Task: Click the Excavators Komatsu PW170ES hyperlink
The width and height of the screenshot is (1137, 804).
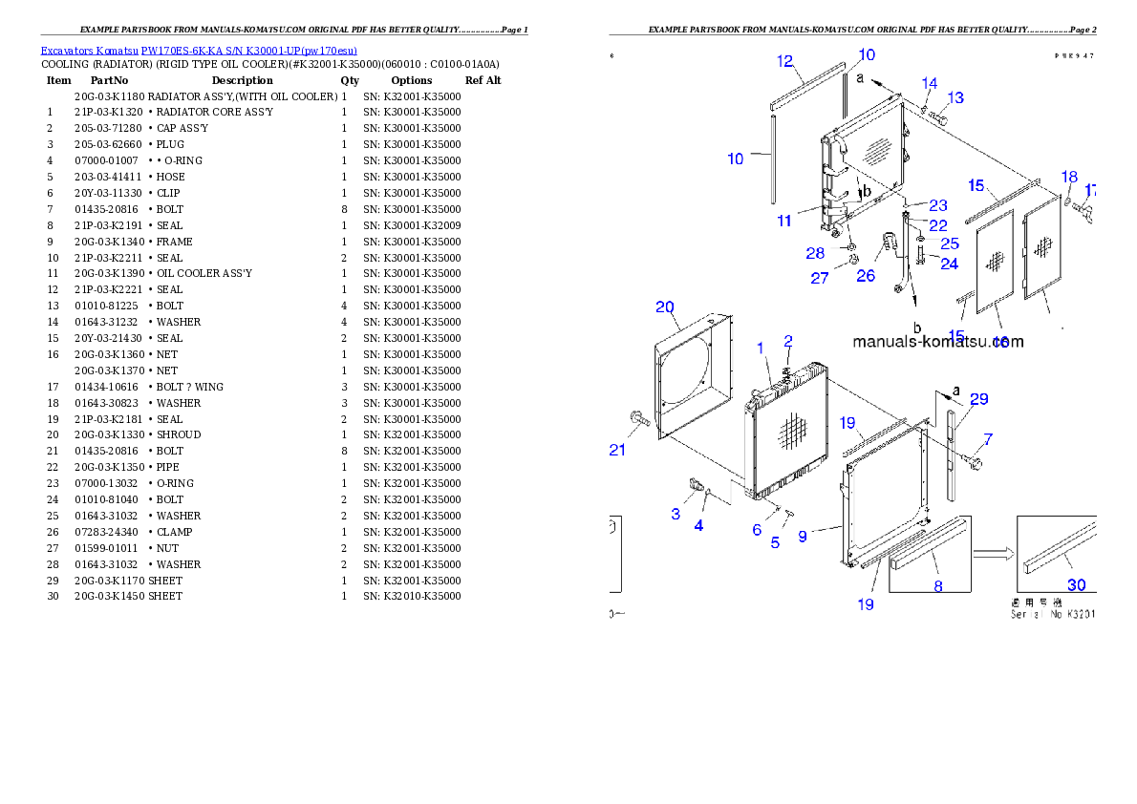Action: point(199,51)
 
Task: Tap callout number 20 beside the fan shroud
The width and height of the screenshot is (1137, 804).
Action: point(665,307)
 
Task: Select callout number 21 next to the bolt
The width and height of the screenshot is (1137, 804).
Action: point(618,451)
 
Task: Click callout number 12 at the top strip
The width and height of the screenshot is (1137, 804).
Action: point(785,62)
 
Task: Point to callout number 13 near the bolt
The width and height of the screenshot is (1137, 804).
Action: point(955,97)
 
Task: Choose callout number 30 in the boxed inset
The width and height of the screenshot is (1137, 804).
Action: point(1076,585)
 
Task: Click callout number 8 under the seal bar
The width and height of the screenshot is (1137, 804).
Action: point(938,586)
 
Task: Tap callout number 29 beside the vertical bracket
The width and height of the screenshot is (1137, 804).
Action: point(979,399)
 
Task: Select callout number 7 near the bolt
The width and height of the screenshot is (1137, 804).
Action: point(988,439)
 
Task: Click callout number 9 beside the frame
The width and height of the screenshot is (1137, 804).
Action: point(803,537)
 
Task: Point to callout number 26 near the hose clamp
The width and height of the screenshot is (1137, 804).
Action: point(866,276)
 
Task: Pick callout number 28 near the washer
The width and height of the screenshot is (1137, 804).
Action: point(815,253)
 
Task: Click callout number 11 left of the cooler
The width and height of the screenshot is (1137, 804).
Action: point(784,221)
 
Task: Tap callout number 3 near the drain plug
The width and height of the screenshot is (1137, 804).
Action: point(676,514)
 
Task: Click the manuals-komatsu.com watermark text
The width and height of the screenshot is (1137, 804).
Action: point(937,342)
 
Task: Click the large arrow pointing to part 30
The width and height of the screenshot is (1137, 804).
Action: point(993,552)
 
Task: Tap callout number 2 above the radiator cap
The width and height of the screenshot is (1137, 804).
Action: point(788,341)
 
